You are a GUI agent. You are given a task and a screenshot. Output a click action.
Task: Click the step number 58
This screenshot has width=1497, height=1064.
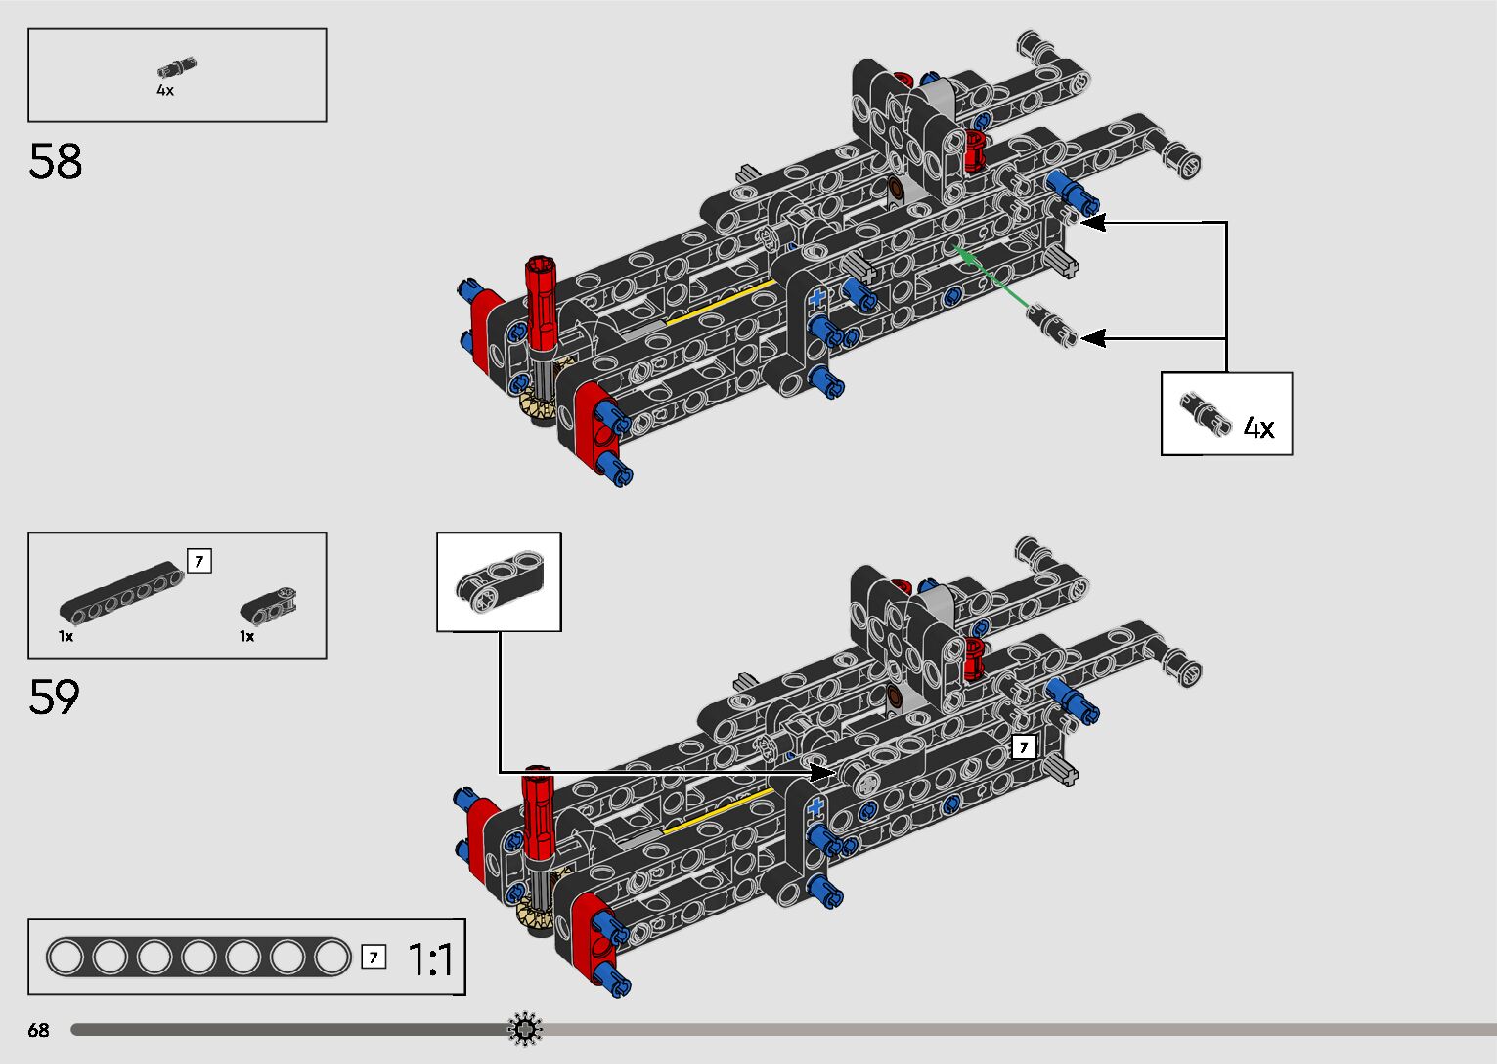coord(56,161)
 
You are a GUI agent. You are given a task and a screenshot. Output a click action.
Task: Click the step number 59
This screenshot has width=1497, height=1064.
coord(54,697)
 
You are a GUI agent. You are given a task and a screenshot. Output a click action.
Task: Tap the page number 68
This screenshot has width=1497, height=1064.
coord(38,1030)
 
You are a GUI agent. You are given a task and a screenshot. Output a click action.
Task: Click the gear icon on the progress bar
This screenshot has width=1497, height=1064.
coord(525,1029)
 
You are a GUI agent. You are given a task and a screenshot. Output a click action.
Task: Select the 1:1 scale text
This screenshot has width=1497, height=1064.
coord(430,959)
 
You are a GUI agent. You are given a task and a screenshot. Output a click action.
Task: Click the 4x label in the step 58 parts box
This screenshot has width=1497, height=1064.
coord(165,90)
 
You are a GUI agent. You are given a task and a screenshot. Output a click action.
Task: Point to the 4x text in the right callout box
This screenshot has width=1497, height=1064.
coord(1258,428)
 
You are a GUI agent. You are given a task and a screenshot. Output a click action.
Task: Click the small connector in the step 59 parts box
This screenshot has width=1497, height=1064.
coord(268,605)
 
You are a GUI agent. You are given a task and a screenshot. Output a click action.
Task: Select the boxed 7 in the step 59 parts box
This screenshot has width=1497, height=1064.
coord(198,561)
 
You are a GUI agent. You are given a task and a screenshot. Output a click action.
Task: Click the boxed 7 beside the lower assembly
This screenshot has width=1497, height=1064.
coord(1023,747)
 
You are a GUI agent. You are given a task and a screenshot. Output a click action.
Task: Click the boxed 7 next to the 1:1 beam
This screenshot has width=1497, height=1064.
coord(373,958)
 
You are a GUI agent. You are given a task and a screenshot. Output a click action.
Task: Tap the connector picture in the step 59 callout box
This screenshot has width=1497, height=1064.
coord(499,582)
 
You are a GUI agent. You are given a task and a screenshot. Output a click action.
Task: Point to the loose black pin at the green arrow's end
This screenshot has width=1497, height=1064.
coord(1052,324)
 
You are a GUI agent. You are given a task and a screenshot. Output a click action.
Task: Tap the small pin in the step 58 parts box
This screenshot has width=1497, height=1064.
coord(176,68)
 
